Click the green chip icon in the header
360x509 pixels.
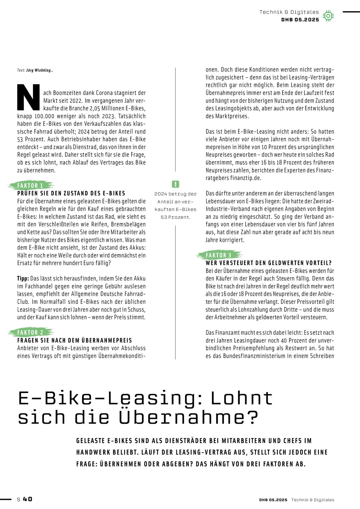pyautogui.click(x=328, y=16)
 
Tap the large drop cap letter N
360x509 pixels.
pyautogui.click(x=29, y=97)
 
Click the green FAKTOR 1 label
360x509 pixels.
pyautogui.click(x=30, y=186)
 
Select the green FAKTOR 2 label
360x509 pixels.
pyautogui.click(x=30, y=333)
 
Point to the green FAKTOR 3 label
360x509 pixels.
pyautogui.click(x=219, y=255)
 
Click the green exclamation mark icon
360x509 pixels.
pyautogui.click(x=175, y=184)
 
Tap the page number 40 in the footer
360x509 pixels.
pyautogui.click(x=27, y=499)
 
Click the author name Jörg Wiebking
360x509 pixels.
pyautogui.click(x=39, y=70)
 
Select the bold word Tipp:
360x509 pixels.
pyautogui.click(x=23, y=279)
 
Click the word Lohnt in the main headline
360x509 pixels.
pyautogui.click(x=241, y=398)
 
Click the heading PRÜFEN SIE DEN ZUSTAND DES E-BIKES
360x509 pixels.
pyautogui.click(x=71, y=193)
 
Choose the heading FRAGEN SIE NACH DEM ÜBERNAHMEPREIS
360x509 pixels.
pyautogui.click(x=75, y=340)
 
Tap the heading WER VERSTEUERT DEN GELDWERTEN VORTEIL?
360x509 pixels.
pyautogui.click(x=269, y=263)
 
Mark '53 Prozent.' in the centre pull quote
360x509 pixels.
pyautogui.click(x=175, y=217)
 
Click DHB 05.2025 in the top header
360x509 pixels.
pyautogui.click(x=300, y=20)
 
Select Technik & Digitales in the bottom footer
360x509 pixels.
pyautogui.click(x=313, y=500)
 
